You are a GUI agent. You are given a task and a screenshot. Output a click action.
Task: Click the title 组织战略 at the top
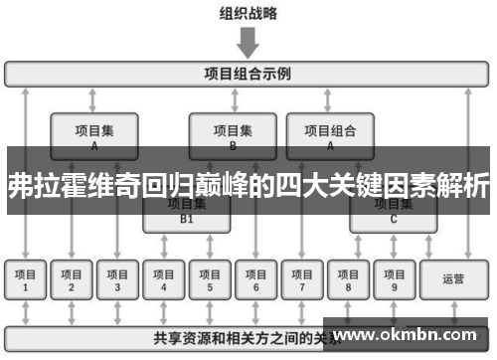(x=248, y=14)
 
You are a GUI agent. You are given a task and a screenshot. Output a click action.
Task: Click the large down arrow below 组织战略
(x=248, y=43)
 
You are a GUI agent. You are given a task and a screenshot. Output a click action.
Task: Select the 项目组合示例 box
(x=248, y=74)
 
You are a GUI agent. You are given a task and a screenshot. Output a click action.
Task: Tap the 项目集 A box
(x=94, y=133)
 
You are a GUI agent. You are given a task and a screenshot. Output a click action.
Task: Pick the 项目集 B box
(x=233, y=133)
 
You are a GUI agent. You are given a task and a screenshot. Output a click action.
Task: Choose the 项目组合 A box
(x=330, y=133)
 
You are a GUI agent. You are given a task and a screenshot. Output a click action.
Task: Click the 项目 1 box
(x=25, y=280)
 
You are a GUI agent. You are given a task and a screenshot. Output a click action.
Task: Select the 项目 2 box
(x=72, y=280)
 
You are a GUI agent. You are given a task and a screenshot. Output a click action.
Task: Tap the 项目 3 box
(x=117, y=280)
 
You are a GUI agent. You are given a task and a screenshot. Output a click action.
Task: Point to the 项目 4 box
(x=164, y=280)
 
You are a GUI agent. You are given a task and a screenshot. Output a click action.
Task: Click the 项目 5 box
(x=210, y=280)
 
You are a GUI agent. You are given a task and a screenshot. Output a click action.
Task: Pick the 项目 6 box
(x=255, y=280)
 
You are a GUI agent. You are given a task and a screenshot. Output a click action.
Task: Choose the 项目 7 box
(x=302, y=280)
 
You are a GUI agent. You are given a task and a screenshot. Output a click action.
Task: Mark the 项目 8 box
(x=348, y=280)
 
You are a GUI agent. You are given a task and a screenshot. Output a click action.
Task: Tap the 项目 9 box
(x=394, y=280)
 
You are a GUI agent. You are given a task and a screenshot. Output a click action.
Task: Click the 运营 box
(x=453, y=280)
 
